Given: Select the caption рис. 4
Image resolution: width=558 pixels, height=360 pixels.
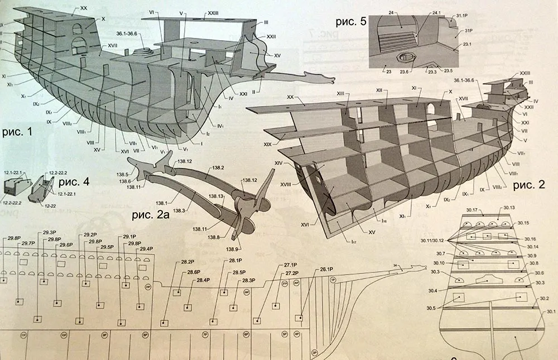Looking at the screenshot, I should (x=71, y=181).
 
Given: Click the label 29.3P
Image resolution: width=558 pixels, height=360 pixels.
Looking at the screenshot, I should (x=49, y=233).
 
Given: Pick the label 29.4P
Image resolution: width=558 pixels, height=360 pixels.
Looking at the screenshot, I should (x=146, y=249).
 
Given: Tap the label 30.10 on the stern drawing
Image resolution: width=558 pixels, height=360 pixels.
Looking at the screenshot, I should (x=439, y=263).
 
